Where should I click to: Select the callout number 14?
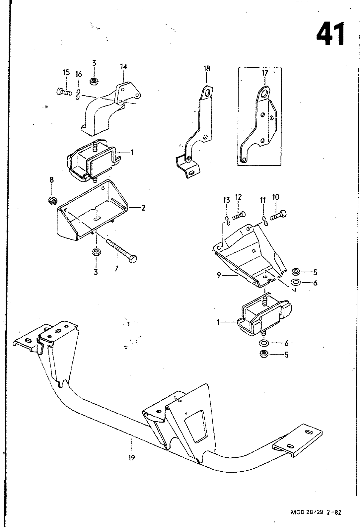tap(123, 67)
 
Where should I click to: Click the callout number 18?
tap(207, 69)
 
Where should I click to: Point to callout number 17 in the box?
tap(265, 73)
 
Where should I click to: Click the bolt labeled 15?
tap(64, 92)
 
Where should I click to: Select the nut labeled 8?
tap(52, 201)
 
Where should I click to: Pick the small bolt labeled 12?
tap(239, 216)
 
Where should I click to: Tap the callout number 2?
tap(143, 208)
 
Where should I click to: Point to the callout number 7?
tap(116, 269)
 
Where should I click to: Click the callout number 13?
tap(227, 200)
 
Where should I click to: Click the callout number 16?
tap(79, 74)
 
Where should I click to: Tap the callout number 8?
tap(52, 180)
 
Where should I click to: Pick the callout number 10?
tap(276, 197)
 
